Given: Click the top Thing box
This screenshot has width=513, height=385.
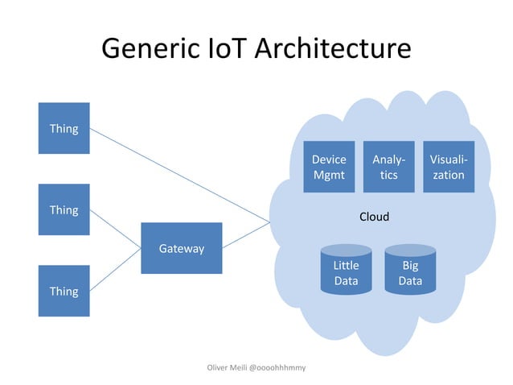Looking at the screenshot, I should tap(64, 128).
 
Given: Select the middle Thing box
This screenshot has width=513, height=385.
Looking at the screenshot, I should tap(64, 209).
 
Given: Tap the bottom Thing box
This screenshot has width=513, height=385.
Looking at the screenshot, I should tap(64, 291).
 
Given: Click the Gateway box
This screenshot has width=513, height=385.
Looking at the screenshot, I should tap(181, 248).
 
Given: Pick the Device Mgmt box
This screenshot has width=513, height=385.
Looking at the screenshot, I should tap(329, 167).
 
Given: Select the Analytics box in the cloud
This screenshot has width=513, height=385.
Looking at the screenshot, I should tap(389, 167).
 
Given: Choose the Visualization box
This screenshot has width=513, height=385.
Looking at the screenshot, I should tap(449, 167).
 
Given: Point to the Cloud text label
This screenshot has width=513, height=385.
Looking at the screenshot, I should tap(374, 217).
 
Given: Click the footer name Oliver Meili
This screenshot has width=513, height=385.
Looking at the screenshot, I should tap(227, 367).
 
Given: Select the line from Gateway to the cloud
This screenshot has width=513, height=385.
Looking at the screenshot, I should tap(245, 234).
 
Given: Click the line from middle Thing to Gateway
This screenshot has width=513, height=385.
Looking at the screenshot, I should tap(116, 230).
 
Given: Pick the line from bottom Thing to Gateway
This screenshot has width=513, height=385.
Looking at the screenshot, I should tap(116, 270).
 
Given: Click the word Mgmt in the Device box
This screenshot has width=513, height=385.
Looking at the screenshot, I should tap(329, 175).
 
